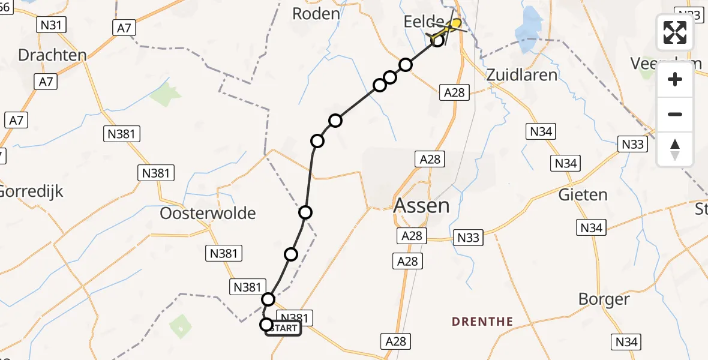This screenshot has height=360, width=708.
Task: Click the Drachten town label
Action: coord(52,55)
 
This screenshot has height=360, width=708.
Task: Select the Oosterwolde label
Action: coord(208,213)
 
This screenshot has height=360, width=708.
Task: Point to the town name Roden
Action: coord(316,14)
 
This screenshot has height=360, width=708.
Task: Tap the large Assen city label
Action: coord(421,206)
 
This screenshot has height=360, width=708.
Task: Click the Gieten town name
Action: coord(583,194)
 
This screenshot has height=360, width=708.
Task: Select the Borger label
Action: coord(604,299)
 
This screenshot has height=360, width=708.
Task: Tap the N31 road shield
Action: coord(51,25)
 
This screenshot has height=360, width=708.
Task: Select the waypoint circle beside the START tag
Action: coord(266,325)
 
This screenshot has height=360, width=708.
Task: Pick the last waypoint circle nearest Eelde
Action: coord(437,40)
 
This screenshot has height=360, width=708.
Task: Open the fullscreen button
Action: coord(675,32)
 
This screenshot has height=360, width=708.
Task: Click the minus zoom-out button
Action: coord(675,114)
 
